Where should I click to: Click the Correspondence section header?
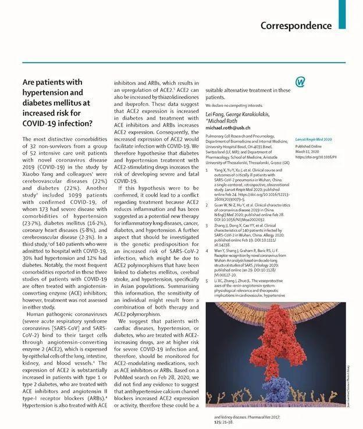(296, 26)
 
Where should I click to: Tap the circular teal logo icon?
(300, 82)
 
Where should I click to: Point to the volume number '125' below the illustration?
(218, 423)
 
